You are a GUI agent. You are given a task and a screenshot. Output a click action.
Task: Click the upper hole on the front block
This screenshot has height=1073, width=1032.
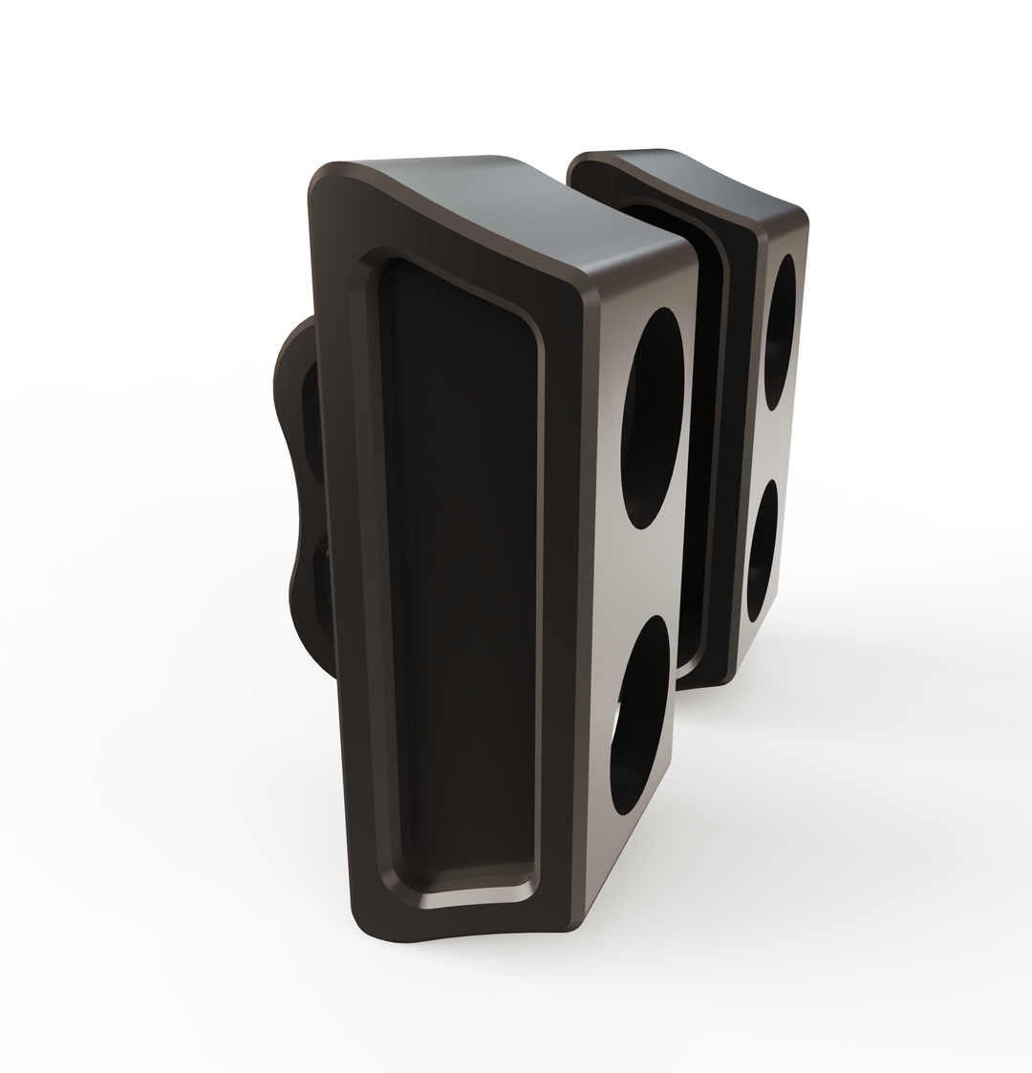(x=654, y=418)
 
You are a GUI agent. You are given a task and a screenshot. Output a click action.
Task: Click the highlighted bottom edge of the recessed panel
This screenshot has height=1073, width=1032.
(x=468, y=898)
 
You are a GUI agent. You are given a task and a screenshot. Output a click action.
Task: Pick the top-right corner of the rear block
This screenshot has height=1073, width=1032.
(x=801, y=215)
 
